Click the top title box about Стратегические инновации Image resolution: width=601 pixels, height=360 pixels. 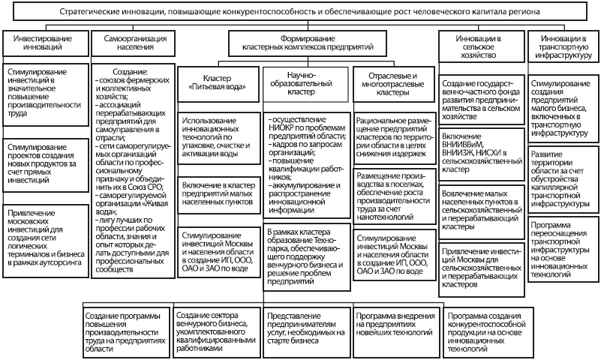tap(300, 13)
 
